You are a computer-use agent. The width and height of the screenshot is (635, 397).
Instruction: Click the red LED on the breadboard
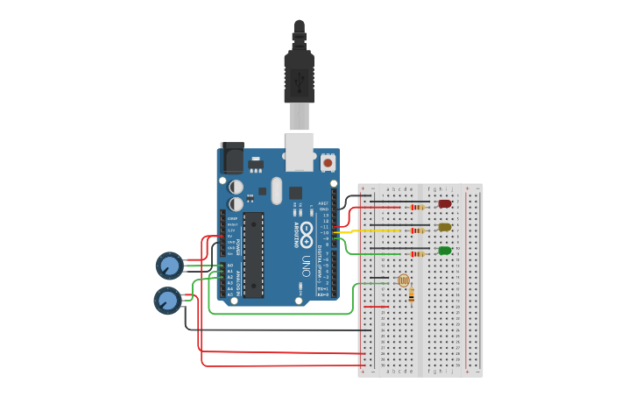445,204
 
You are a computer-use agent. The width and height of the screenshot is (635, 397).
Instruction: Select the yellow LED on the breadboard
445,227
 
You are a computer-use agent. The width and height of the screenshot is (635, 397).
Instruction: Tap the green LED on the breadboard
445,251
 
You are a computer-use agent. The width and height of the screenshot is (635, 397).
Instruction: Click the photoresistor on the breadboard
403,280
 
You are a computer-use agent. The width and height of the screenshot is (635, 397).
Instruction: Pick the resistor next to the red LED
417,208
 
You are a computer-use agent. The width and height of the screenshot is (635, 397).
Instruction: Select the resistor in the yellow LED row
418,230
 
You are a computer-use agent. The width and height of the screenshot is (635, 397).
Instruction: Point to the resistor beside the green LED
418,254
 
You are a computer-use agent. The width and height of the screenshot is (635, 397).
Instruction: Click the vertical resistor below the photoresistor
412,295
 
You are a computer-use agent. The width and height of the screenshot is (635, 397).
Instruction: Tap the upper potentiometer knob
169,265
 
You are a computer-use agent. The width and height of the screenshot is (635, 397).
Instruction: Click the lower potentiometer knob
167,301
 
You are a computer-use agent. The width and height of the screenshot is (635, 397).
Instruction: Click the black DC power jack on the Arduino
232,158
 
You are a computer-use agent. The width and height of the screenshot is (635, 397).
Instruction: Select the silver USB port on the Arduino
300,151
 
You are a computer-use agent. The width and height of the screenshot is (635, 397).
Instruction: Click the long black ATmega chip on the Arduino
253,254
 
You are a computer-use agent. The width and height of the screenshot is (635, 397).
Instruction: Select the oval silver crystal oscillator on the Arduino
277,190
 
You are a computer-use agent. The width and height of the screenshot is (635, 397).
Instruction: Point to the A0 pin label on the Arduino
230,265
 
